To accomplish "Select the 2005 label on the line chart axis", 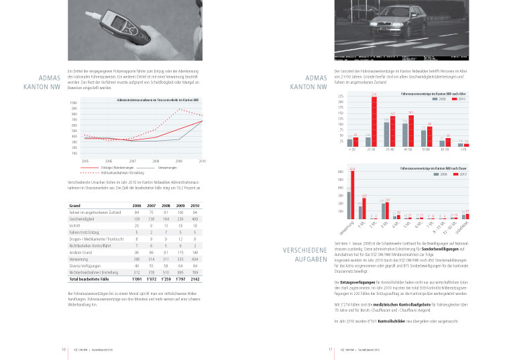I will (x=85, y=162).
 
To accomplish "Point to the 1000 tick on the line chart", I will (x=73, y=103).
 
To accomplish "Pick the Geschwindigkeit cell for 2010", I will (x=195, y=219).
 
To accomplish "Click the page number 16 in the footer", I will (x=63, y=349).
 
